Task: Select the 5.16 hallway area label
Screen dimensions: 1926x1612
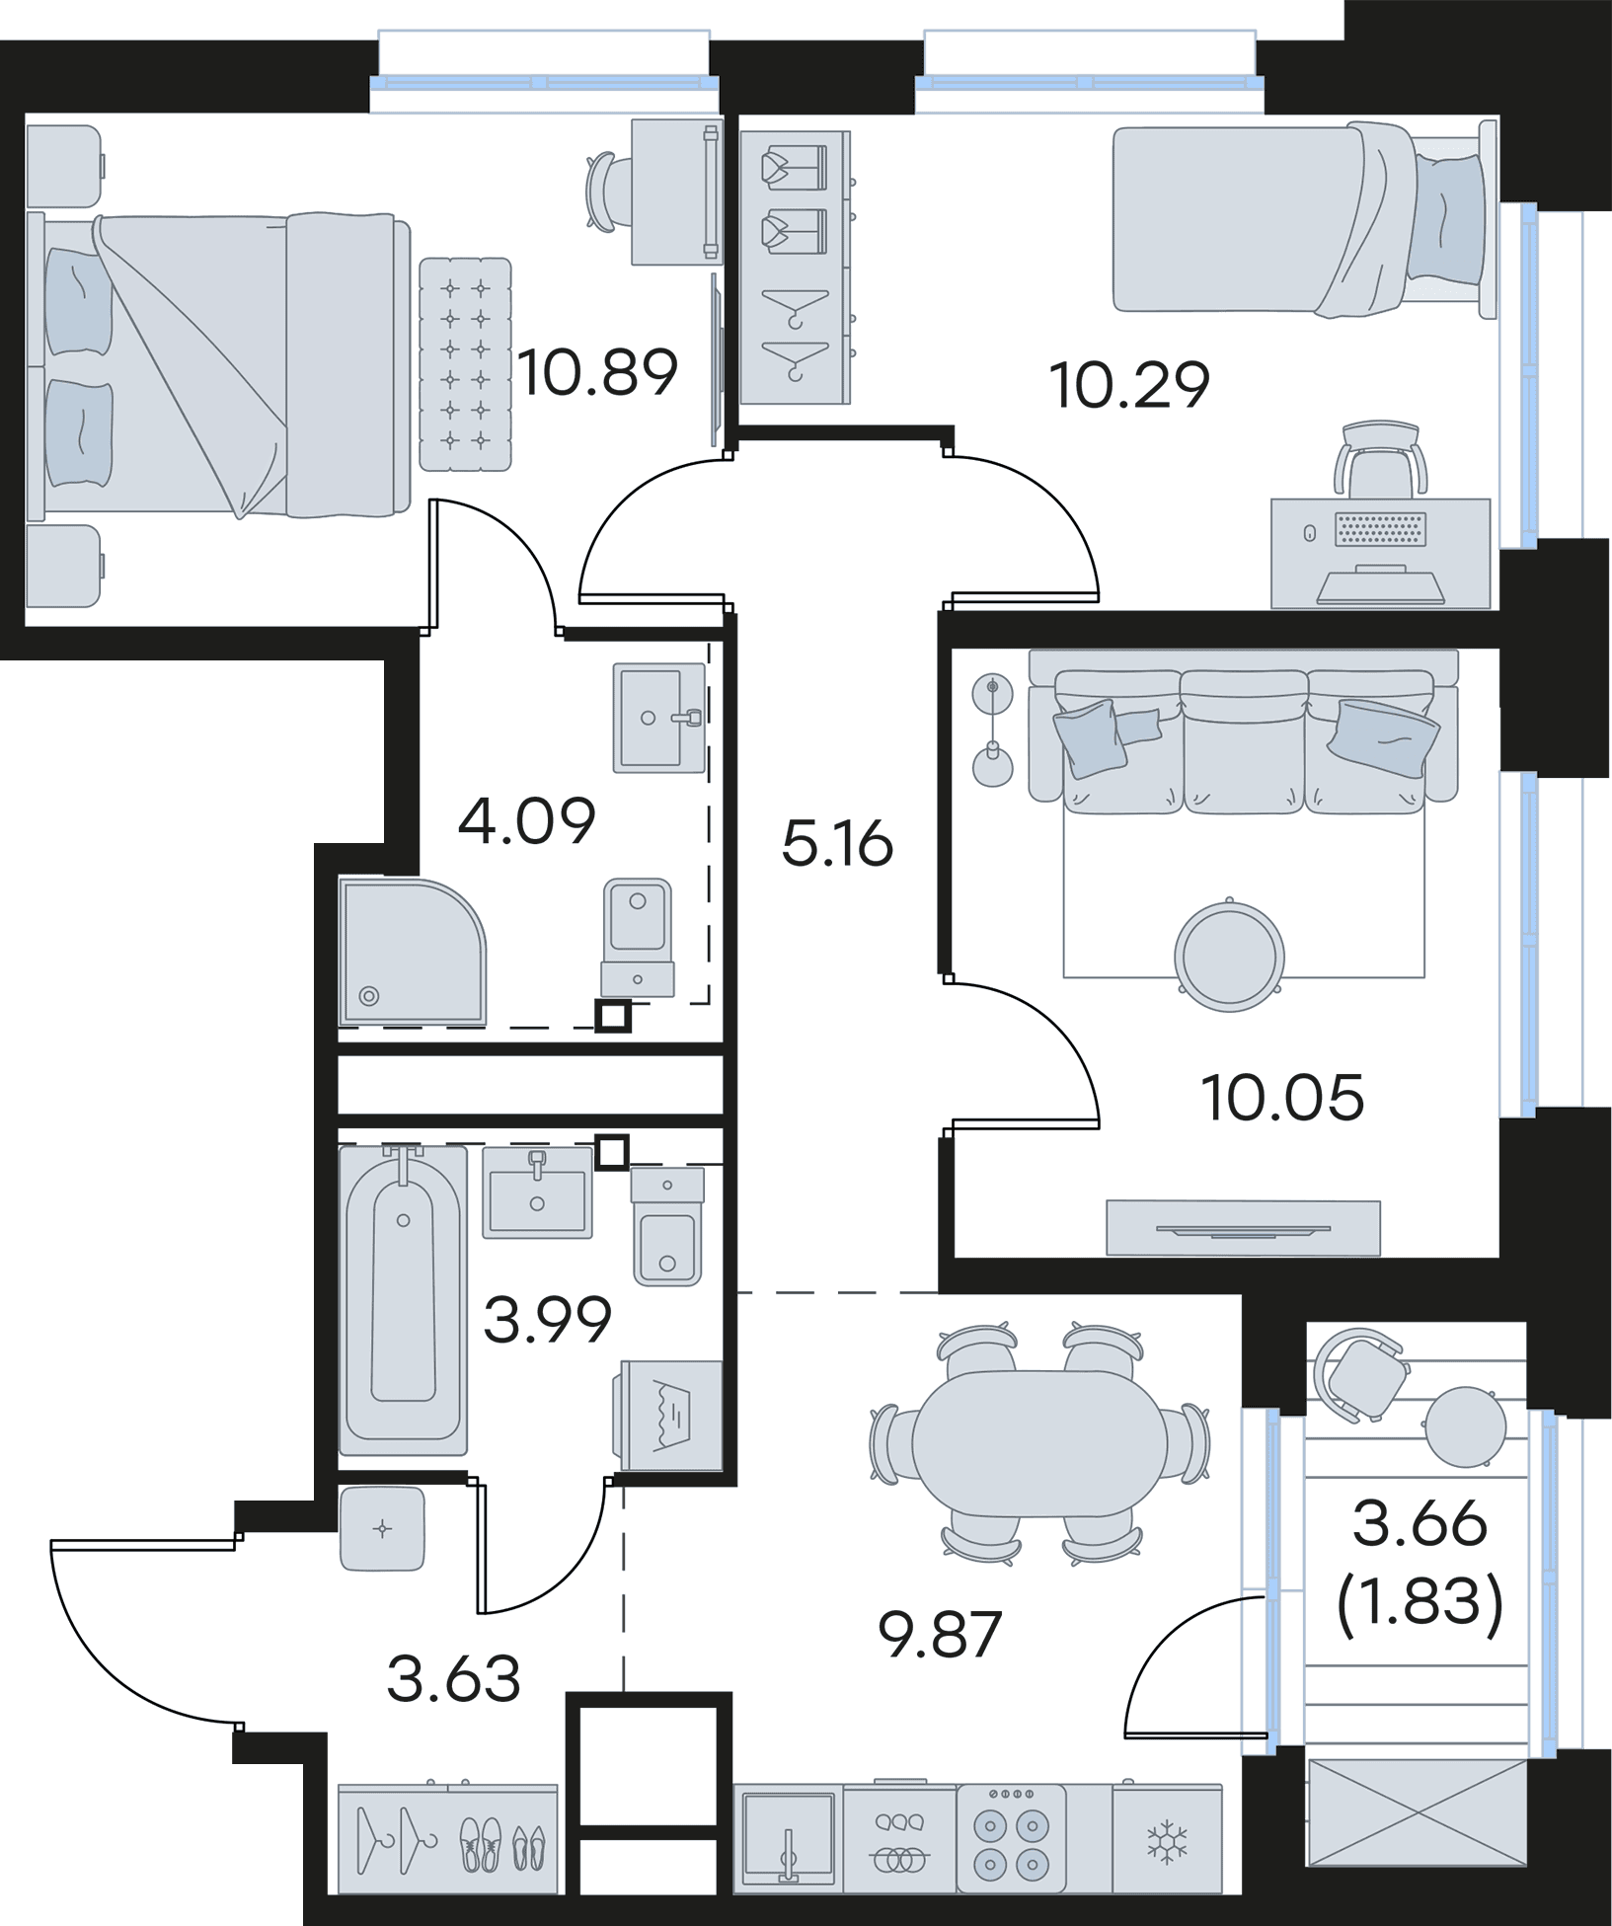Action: pyautogui.click(x=837, y=845)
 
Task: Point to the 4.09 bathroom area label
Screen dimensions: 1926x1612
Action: pyautogui.click(x=528, y=821)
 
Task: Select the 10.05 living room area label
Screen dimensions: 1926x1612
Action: pyautogui.click(x=1282, y=1097)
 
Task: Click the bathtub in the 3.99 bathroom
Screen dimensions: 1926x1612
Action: pyautogui.click(x=403, y=1299)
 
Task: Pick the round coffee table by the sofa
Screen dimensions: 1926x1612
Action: pyautogui.click(x=1229, y=953)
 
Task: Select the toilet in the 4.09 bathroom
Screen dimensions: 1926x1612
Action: pyautogui.click(x=639, y=936)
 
